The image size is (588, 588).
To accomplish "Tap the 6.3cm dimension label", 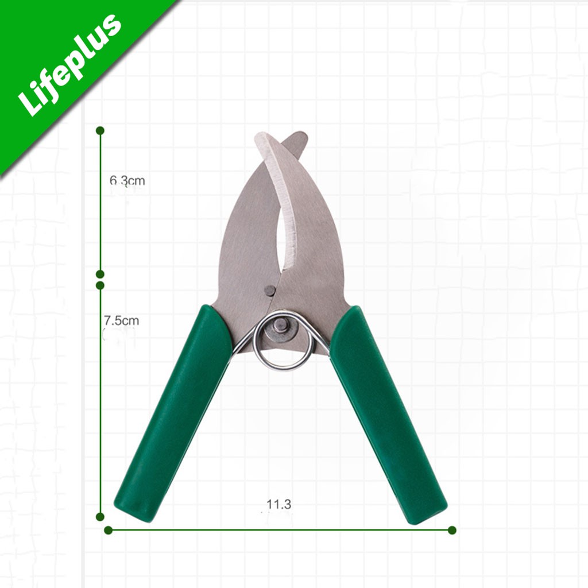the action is coord(127,181).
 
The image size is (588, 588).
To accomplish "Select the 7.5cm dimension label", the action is coord(122,320).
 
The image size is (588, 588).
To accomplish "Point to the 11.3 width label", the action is coord(278,504).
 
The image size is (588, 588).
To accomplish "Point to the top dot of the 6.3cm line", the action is coord(100,130).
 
